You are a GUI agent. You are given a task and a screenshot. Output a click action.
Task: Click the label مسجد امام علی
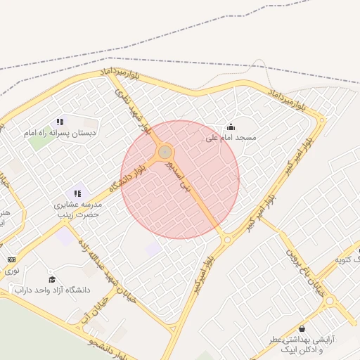[231, 138]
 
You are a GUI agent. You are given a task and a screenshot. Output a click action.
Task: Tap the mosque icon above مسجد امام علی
[231, 127]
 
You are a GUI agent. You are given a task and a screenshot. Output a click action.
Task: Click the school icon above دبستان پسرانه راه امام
[60, 122]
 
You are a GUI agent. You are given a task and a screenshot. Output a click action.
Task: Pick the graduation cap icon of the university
[51, 279]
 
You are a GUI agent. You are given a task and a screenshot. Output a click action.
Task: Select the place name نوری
[12, 270]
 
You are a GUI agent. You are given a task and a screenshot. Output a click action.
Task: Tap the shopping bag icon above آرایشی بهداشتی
[302, 328]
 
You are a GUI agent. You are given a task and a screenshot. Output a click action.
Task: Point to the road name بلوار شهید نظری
[133, 110]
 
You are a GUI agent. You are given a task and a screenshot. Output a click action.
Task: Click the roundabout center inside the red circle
[165, 152]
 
